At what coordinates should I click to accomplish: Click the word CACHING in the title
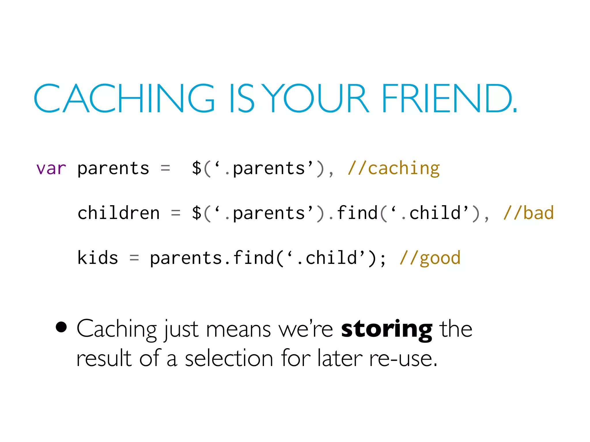124,98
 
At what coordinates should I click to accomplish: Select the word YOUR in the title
316,98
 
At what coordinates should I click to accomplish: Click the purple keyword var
51,169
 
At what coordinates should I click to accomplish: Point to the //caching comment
394,169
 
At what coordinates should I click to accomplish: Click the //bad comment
528,213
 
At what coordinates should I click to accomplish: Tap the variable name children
118,213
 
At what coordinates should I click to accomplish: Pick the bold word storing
386,330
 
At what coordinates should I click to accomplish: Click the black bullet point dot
61,327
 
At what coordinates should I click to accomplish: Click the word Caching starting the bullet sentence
117,330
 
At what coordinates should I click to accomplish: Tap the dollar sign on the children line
197,213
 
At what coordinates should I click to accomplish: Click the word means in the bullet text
239,330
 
